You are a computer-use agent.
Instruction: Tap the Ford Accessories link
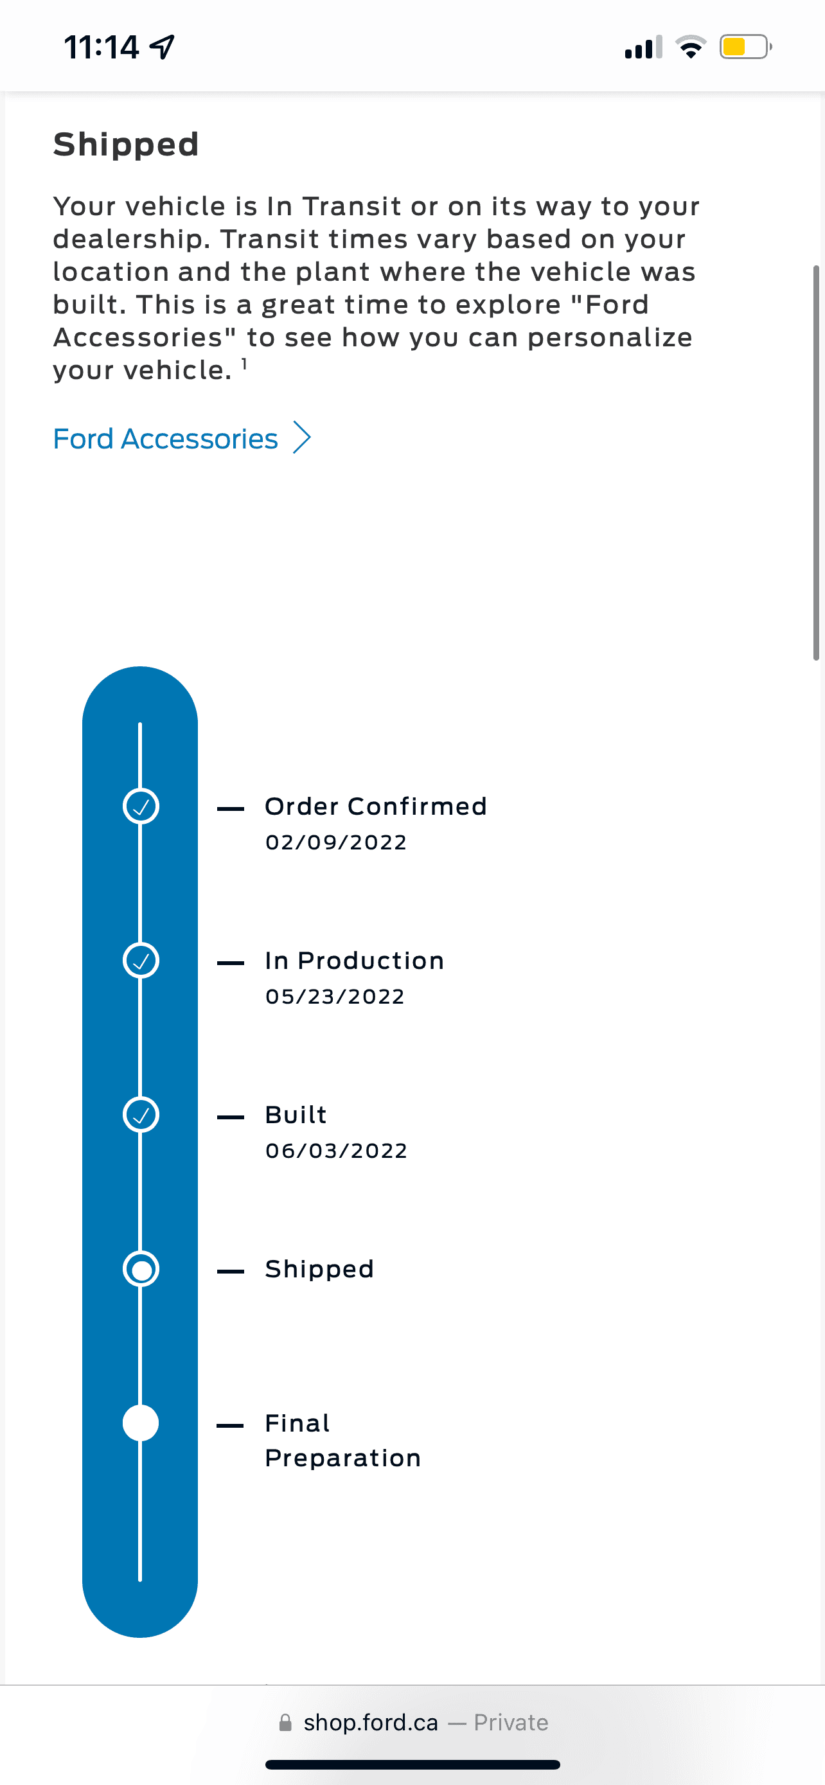pos(166,439)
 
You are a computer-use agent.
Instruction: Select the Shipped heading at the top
pos(126,144)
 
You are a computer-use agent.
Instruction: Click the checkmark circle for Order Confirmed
pos(141,806)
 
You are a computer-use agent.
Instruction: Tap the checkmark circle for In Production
pos(141,961)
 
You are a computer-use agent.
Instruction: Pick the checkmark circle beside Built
pos(141,1115)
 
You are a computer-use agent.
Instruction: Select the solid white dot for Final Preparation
pos(141,1423)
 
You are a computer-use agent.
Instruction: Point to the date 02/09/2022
pos(336,842)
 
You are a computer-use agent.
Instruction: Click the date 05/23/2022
pos(335,997)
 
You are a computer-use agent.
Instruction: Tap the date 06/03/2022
pos(337,1151)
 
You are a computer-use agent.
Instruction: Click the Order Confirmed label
pos(376,806)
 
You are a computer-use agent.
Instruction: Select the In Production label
pos(355,961)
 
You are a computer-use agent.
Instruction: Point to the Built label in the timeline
pos(296,1115)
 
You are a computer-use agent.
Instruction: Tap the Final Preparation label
pos(343,1441)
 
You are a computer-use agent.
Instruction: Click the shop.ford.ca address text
pos(371,1723)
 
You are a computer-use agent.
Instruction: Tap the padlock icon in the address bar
pos(285,1723)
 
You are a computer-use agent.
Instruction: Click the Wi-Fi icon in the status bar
pos(691,47)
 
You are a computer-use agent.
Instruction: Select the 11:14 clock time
pos(102,47)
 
